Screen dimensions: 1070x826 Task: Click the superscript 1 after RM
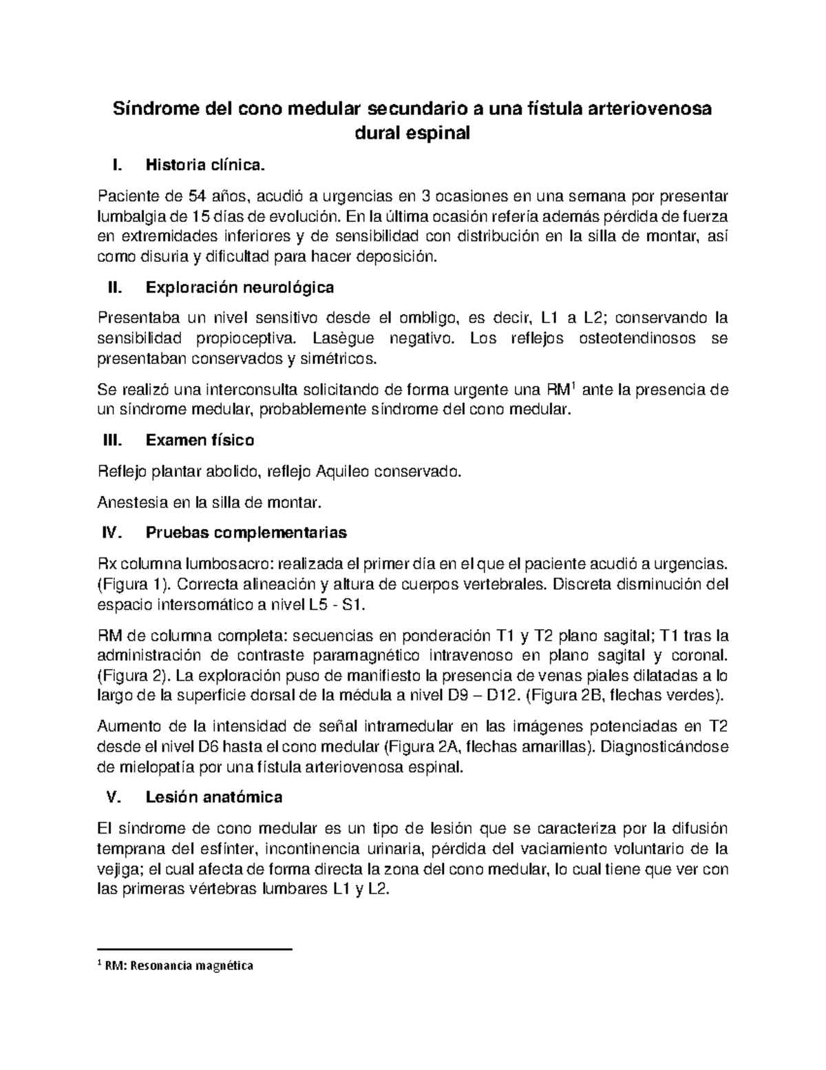point(574,386)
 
